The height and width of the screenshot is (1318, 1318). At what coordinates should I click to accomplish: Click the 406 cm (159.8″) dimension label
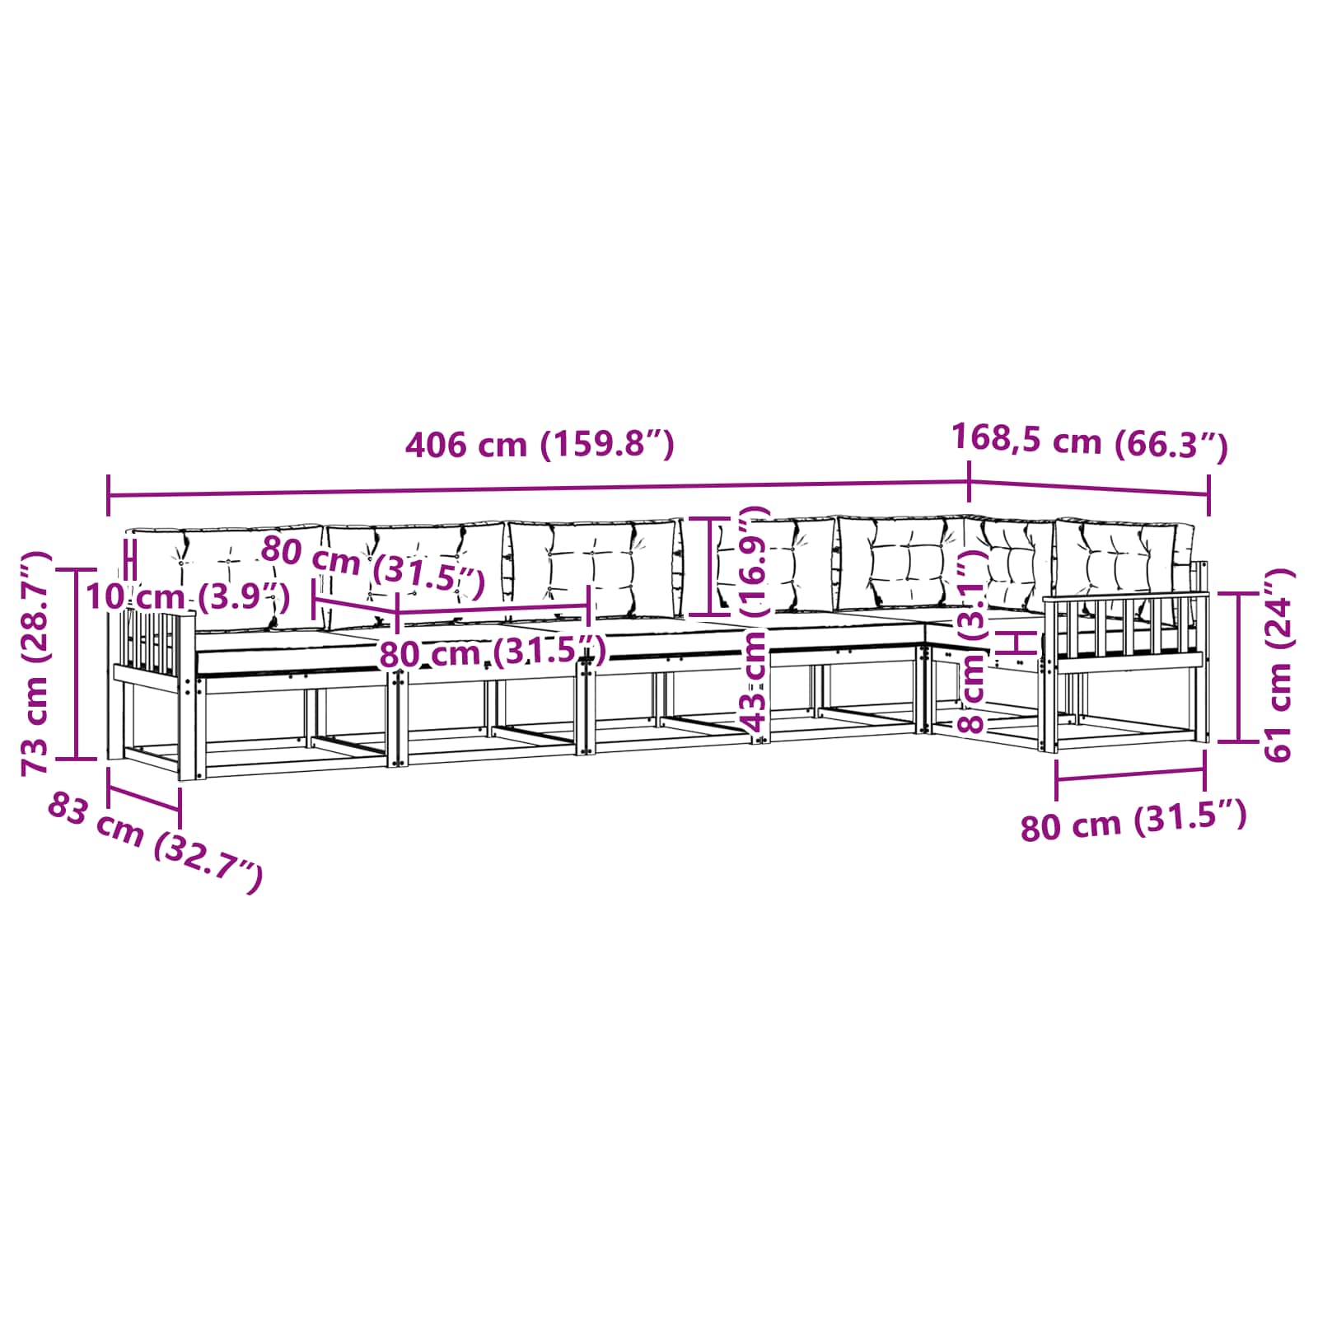(x=540, y=445)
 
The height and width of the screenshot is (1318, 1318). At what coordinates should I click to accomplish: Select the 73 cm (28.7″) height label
(x=36, y=663)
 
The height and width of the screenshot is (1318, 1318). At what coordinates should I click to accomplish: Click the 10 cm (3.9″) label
(x=187, y=596)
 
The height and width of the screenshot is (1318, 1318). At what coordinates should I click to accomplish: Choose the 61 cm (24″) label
(x=1278, y=664)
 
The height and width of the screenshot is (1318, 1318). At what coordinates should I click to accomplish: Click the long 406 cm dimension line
(x=538, y=489)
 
